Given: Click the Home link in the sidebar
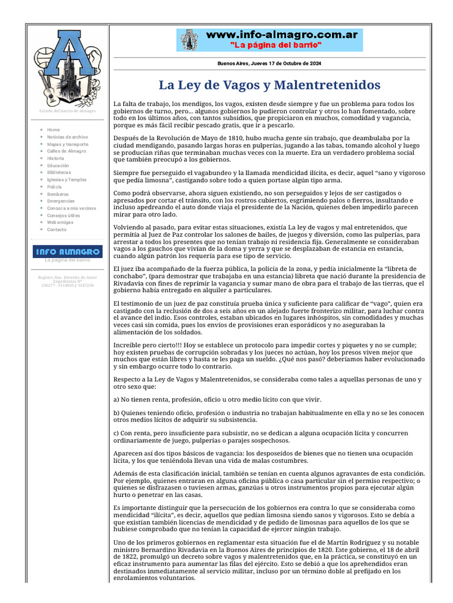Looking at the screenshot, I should coord(54,130).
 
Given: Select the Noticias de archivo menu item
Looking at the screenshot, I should coord(67,137).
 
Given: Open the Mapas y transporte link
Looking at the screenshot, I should coord(68,144).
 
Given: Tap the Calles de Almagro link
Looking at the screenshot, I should coord(66,151).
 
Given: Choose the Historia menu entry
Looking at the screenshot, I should coord(56,158).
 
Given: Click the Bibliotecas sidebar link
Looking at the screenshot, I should coord(59,173).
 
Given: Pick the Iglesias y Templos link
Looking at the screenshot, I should coord(67,180).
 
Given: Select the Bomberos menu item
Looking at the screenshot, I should coord(58,194).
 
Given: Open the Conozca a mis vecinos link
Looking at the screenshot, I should coord(71,208).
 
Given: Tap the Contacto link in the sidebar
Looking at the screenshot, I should coord(57,230).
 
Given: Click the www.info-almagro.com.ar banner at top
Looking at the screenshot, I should coord(270,40).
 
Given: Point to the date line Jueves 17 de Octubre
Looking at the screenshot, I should coord(269,64).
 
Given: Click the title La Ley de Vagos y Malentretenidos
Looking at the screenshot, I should coord(270,85).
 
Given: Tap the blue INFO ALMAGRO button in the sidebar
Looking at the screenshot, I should coord(67,251).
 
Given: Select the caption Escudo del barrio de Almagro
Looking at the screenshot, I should coord(67,111).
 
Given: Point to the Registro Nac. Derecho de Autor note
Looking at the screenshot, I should coord(67,281).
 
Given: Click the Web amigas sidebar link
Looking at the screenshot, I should coord(60,223).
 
